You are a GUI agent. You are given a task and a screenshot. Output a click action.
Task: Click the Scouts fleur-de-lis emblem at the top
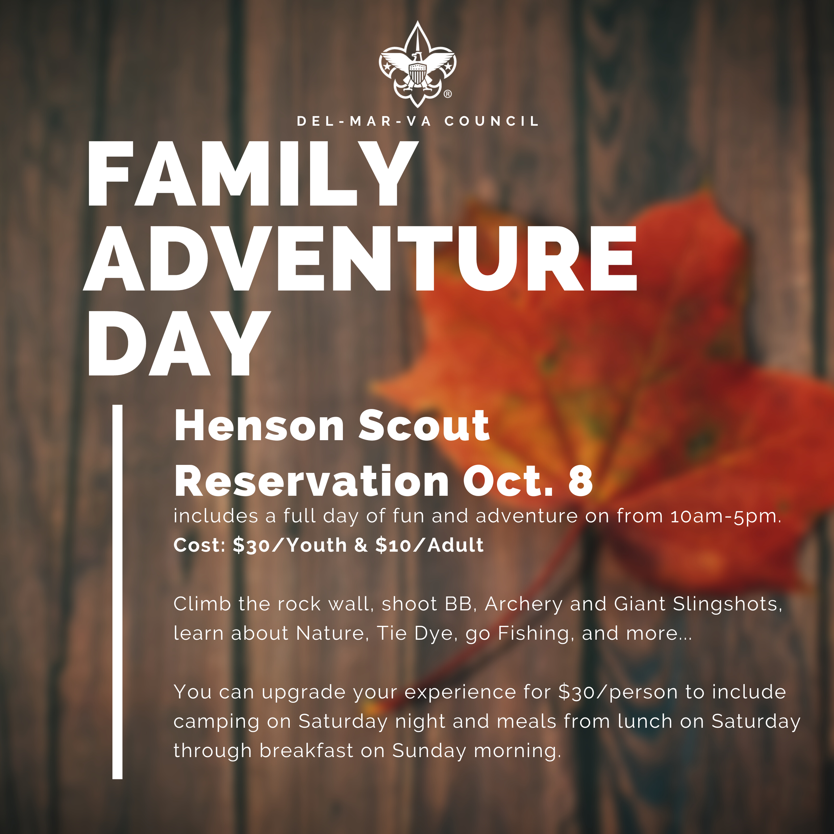coord(417,64)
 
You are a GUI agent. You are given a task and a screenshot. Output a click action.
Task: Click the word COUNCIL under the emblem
coord(492,121)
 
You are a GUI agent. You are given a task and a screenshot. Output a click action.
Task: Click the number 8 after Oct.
coord(581,481)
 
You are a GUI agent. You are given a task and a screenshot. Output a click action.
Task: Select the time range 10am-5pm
coord(726,516)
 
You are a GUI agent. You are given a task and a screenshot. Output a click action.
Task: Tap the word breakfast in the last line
coord(306,751)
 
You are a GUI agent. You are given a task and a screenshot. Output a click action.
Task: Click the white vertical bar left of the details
coord(117,592)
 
